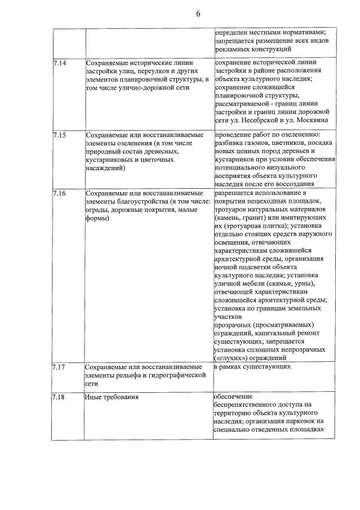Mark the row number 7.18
pyautogui.click(x=58, y=397)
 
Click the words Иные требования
pyautogui.click(x=112, y=397)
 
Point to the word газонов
pyautogui.click(x=257, y=143)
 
